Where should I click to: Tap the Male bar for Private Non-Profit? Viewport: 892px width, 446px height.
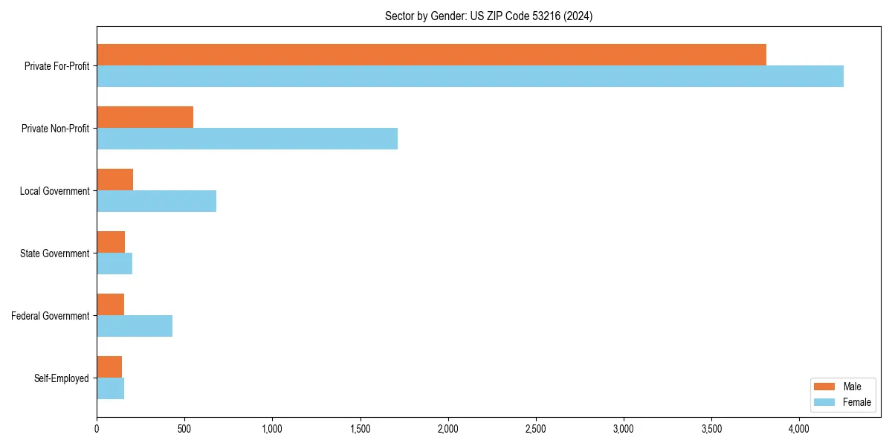(145, 117)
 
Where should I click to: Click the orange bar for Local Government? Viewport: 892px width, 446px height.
(114, 179)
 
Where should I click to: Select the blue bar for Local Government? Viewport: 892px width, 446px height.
(156, 201)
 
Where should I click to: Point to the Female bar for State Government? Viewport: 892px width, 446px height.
(114, 263)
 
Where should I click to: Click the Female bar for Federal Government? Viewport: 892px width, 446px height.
(135, 326)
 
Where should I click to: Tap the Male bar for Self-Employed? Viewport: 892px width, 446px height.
(109, 366)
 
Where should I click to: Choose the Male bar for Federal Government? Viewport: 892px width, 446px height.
(110, 305)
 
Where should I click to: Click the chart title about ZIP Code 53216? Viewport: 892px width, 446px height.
(488, 16)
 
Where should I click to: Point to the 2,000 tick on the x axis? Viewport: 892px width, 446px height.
(448, 429)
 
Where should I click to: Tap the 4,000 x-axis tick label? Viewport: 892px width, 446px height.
(799, 429)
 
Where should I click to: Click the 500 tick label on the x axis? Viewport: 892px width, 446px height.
(184, 429)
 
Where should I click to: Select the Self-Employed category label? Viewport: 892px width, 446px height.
(62, 378)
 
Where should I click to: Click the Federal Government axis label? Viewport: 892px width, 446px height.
(51, 316)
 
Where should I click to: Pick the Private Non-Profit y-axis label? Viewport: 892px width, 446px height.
(55, 129)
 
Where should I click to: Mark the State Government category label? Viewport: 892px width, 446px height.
(54, 253)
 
